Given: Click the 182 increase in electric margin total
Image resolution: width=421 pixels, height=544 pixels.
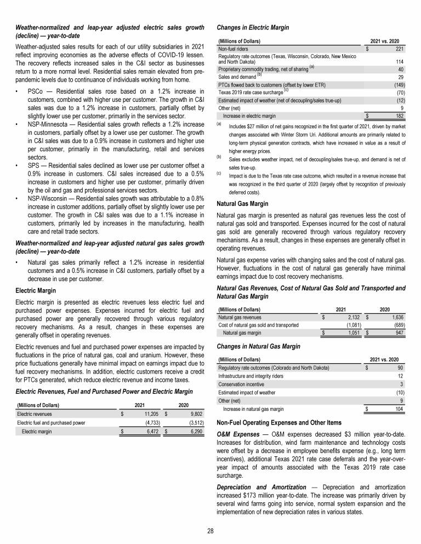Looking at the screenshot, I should click(x=399, y=116).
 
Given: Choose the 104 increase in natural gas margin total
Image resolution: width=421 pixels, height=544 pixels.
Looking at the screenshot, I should click(x=399, y=408).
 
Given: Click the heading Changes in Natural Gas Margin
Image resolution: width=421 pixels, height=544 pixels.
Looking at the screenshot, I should click(x=255, y=346).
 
